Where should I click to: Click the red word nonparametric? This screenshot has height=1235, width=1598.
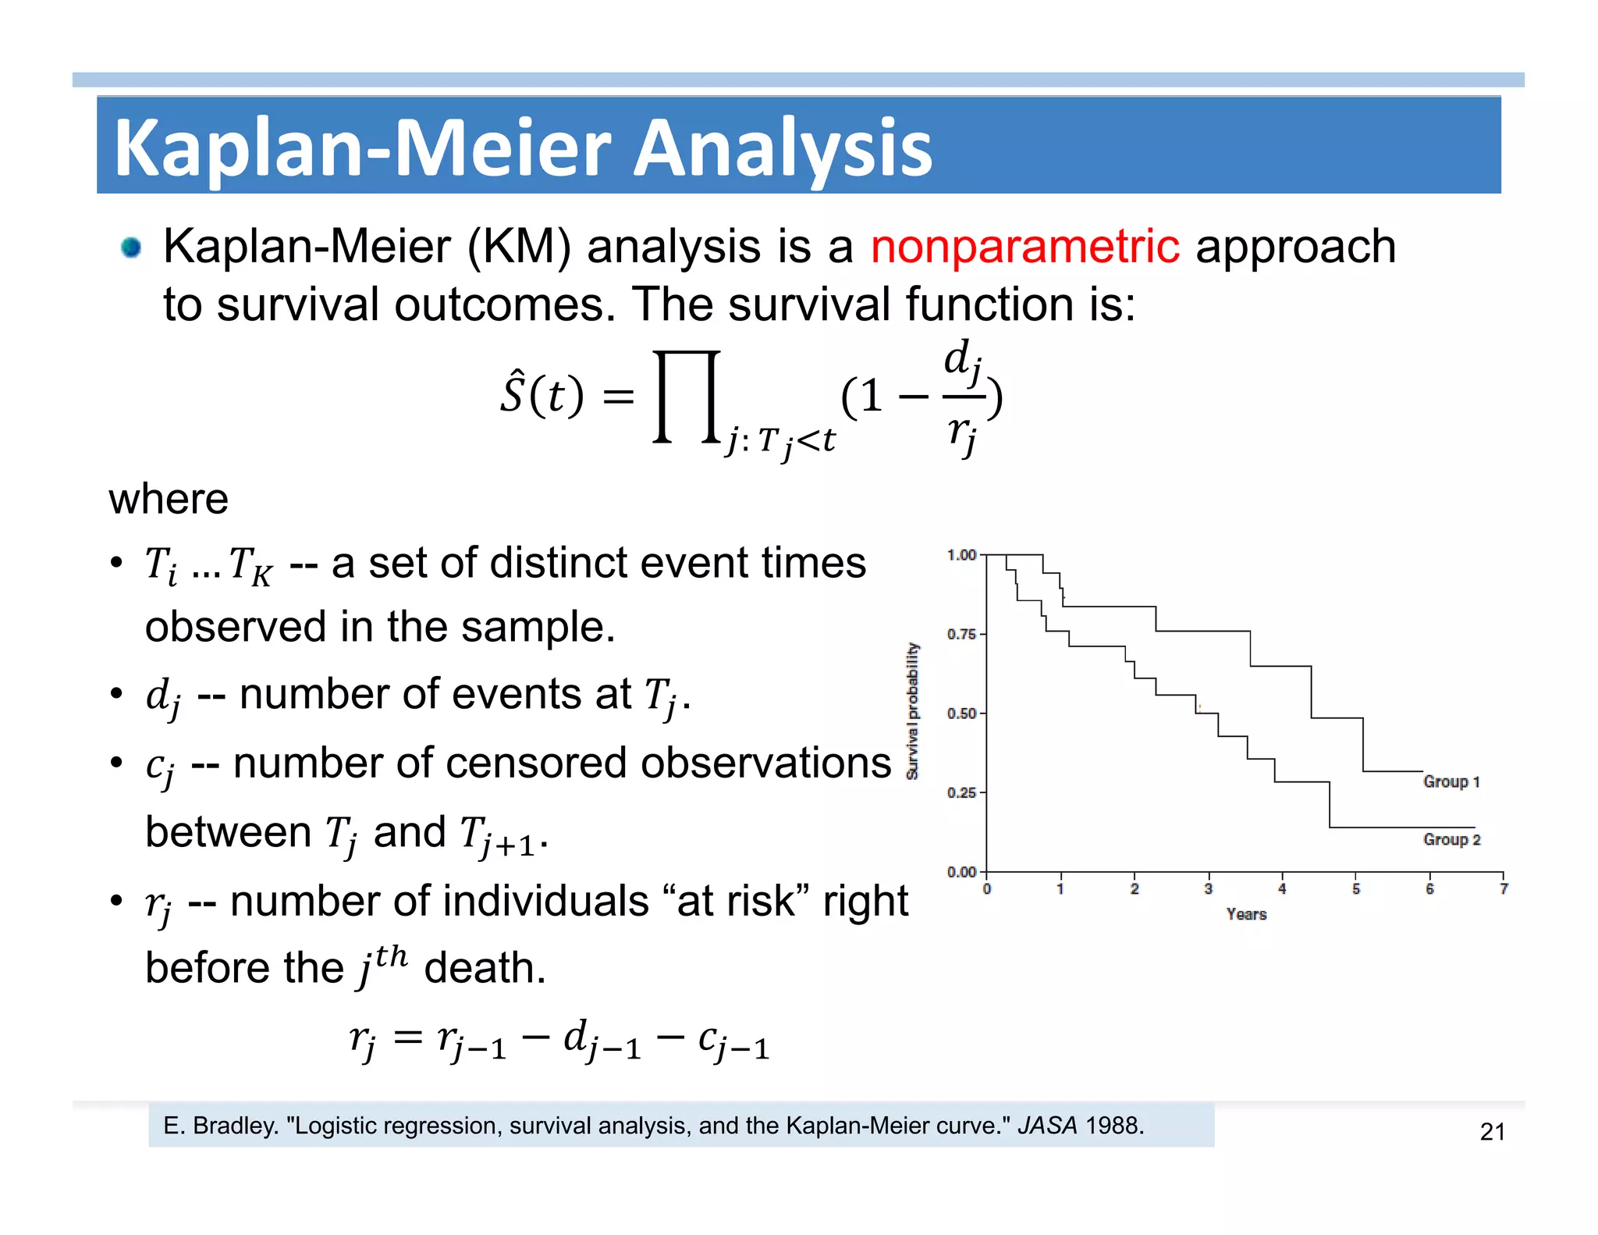coord(1024,247)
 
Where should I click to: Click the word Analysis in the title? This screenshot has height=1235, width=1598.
coord(782,148)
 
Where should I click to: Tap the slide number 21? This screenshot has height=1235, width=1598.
coord(1492,1131)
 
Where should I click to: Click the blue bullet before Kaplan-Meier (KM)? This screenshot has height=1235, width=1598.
coord(131,248)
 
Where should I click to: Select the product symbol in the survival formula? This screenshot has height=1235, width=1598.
coord(686,397)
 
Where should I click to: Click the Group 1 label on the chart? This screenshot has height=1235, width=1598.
coord(1451,781)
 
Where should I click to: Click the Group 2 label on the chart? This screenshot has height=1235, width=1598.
coord(1451,839)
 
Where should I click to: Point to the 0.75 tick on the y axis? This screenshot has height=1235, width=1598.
coord(961,634)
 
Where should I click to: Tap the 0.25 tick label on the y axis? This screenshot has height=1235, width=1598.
coord(961,792)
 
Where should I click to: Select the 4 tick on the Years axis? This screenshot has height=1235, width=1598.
coord(1281,888)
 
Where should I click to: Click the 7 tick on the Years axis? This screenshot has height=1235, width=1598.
coord(1503,888)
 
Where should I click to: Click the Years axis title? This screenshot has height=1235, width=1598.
coord(1246,914)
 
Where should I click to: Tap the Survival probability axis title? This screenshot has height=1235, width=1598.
coord(913,710)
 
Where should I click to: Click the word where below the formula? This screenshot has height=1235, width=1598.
coord(169,499)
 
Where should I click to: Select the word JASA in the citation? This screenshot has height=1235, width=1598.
coord(1047,1126)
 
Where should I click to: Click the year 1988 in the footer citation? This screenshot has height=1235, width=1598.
coord(1114,1126)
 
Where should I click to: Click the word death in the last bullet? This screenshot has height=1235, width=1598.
coord(484,968)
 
